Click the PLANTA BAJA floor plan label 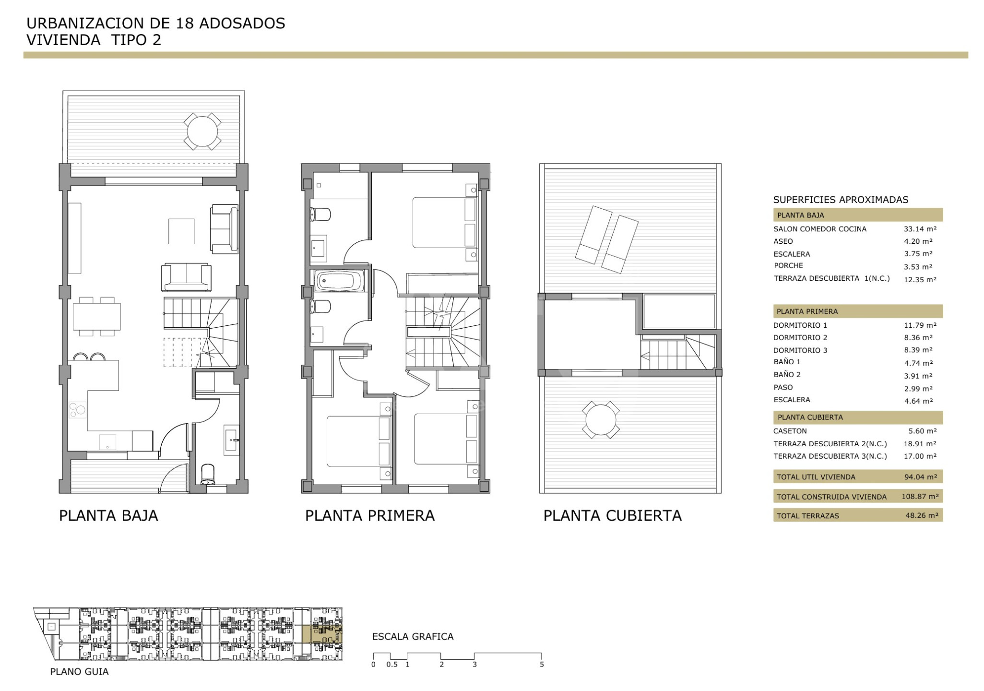point(108,515)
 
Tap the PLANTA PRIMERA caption point(370,515)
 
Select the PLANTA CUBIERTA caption point(612,515)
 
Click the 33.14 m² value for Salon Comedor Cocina point(920,229)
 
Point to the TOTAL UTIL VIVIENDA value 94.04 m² point(920,477)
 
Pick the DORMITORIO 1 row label point(800,325)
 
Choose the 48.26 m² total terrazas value point(920,515)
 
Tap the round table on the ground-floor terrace point(202,131)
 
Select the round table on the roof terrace point(600,419)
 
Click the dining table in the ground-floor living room point(96,316)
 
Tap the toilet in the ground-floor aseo point(208,474)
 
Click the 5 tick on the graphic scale point(542,665)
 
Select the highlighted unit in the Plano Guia point(326,633)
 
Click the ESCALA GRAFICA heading point(413,637)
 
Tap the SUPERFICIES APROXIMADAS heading point(841,200)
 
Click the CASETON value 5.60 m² point(922,431)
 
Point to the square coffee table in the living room point(181,231)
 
